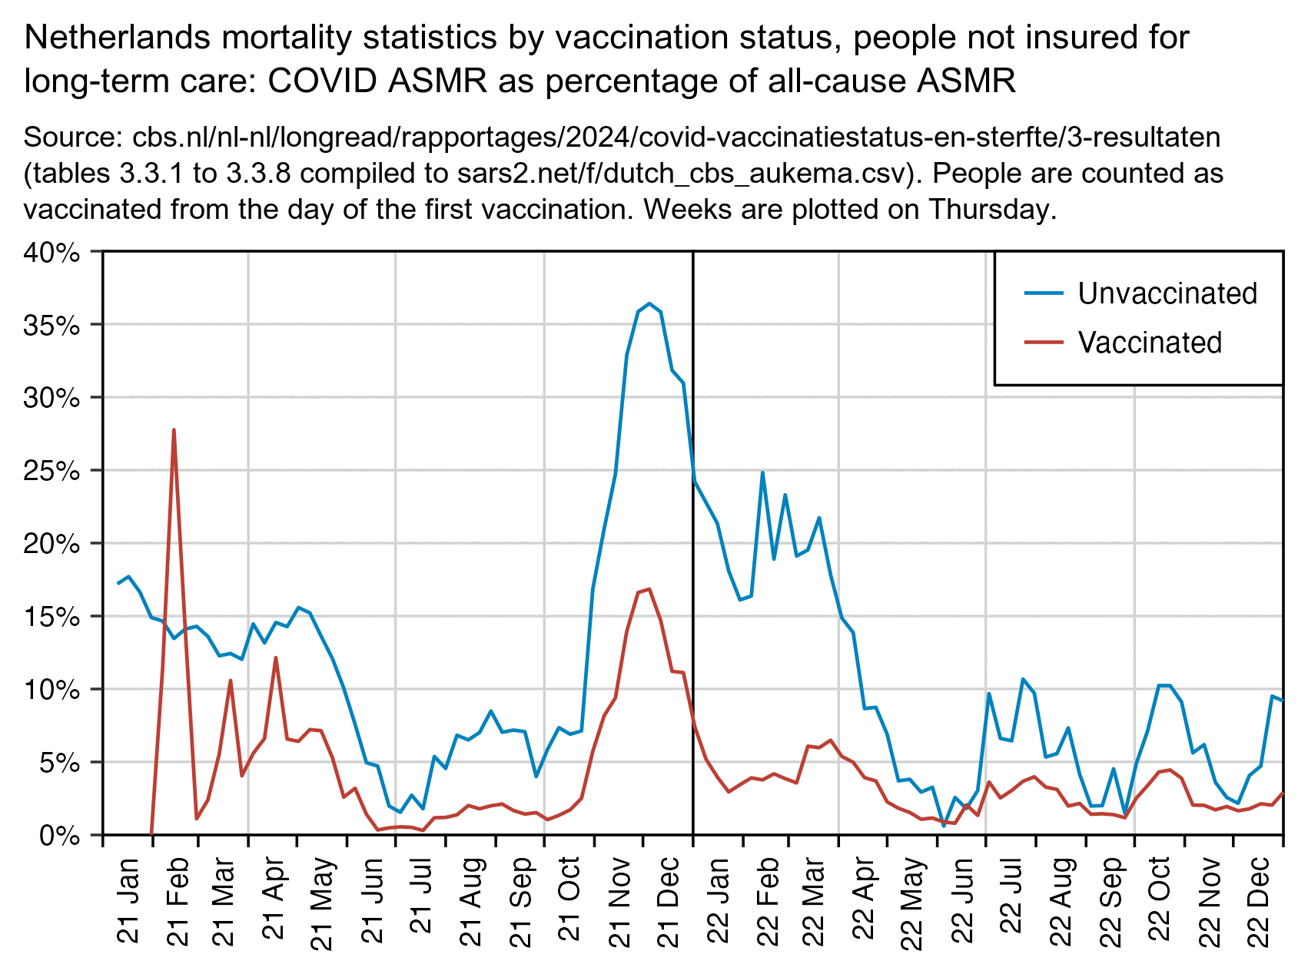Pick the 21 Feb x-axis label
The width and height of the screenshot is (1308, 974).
(x=177, y=900)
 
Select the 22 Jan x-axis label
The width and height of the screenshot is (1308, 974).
(x=718, y=900)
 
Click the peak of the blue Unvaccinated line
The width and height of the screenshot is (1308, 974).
(x=649, y=303)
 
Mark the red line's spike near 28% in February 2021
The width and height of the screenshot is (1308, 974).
(x=174, y=430)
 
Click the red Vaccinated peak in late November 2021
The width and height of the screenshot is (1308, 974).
(x=649, y=589)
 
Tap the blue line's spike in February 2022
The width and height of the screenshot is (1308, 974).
(x=762, y=472)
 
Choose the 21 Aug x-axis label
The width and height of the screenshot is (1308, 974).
(x=472, y=900)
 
